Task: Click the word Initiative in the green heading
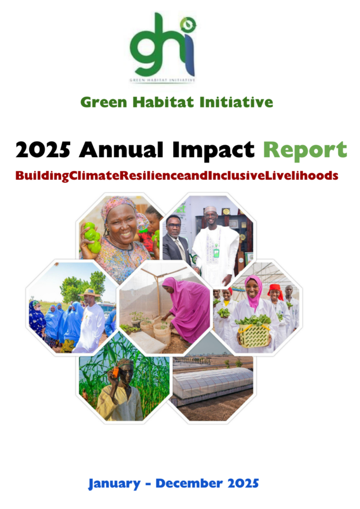point(236,102)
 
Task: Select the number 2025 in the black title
point(43,150)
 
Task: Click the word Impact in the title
point(213,151)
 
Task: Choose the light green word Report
point(305,151)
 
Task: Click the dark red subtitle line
point(177,176)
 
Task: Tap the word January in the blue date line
point(114,484)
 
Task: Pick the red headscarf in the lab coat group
point(275,290)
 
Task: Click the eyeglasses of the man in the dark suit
point(174,226)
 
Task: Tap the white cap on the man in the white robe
point(210,209)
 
